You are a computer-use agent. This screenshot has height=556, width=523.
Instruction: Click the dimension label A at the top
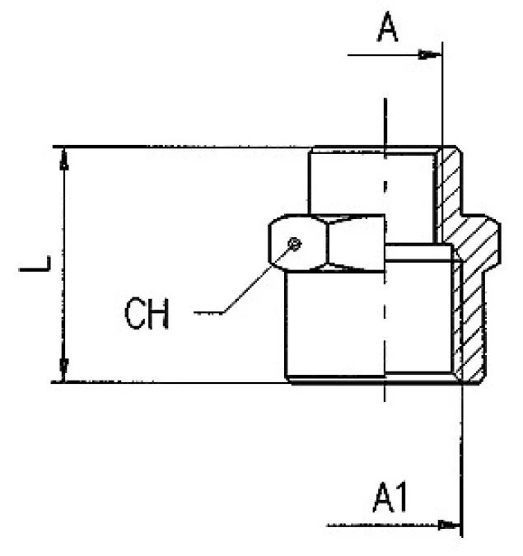click(x=387, y=26)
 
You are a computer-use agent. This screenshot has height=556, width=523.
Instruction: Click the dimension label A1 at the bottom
click(x=390, y=497)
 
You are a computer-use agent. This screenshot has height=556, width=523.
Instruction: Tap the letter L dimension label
click(x=35, y=264)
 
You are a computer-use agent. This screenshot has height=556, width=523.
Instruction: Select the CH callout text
click(x=147, y=313)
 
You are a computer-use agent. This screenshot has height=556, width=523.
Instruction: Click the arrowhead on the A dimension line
click(x=429, y=55)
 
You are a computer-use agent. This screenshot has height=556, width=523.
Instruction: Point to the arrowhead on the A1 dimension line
click(x=449, y=525)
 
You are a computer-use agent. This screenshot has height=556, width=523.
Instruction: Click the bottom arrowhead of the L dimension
click(x=63, y=371)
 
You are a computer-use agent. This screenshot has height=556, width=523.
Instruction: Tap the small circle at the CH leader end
click(x=294, y=244)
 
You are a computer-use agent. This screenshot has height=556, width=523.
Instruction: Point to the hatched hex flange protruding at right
click(x=479, y=241)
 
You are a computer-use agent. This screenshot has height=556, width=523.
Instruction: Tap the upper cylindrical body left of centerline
click(x=347, y=183)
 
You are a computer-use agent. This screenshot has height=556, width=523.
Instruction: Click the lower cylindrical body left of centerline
click(x=335, y=324)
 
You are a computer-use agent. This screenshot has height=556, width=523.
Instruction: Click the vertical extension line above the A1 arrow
click(x=462, y=457)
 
